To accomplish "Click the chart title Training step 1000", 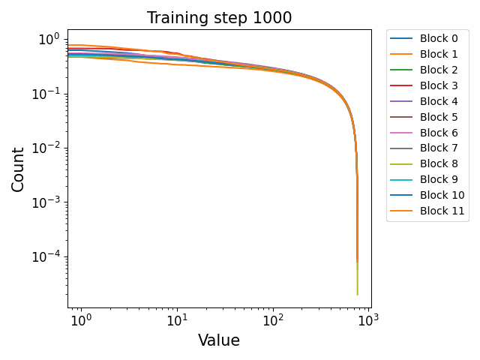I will pyautogui.click(x=219, y=18).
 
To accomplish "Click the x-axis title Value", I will pyautogui.click(x=219, y=340).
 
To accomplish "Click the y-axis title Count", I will pyautogui.click(x=18, y=169).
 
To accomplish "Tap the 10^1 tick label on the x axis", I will pyautogui.click(x=177, y=320).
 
